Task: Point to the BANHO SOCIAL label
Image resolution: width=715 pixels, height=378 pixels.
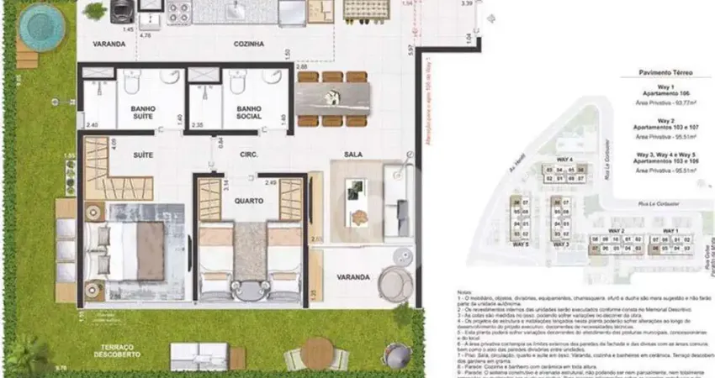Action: [x=252, y=113]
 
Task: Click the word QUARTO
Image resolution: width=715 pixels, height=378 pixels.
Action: [x=250, y=202]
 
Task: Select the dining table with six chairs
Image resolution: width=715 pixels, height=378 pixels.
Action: [x=332, y=99]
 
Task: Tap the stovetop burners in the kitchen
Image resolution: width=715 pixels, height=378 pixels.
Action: [x=179, y=11]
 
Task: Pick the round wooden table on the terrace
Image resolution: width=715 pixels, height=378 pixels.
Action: [x=317, y=353]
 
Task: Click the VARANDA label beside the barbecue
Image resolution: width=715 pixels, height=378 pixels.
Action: [x=109, y=44]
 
